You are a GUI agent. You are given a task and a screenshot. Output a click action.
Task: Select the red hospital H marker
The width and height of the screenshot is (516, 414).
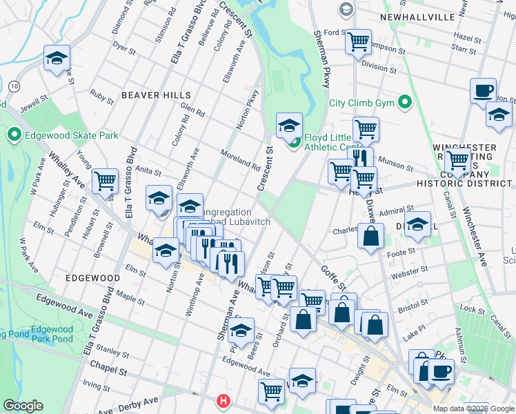(224, 401)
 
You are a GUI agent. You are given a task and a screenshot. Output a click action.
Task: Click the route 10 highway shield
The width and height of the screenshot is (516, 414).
(14, 85)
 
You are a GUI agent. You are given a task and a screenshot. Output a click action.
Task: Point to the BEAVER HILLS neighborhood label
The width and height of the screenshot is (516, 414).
(155, 95)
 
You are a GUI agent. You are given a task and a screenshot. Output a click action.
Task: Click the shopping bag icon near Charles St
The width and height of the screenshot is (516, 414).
(371, 236)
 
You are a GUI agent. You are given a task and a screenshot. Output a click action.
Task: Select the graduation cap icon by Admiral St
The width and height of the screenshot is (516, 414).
(417, 224)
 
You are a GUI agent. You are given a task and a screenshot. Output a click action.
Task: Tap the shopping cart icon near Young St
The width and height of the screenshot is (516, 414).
(105, 181)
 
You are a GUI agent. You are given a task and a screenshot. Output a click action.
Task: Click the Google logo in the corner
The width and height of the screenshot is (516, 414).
(23, 406)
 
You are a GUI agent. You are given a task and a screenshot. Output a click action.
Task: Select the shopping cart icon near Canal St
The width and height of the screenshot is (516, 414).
(457, 161)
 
